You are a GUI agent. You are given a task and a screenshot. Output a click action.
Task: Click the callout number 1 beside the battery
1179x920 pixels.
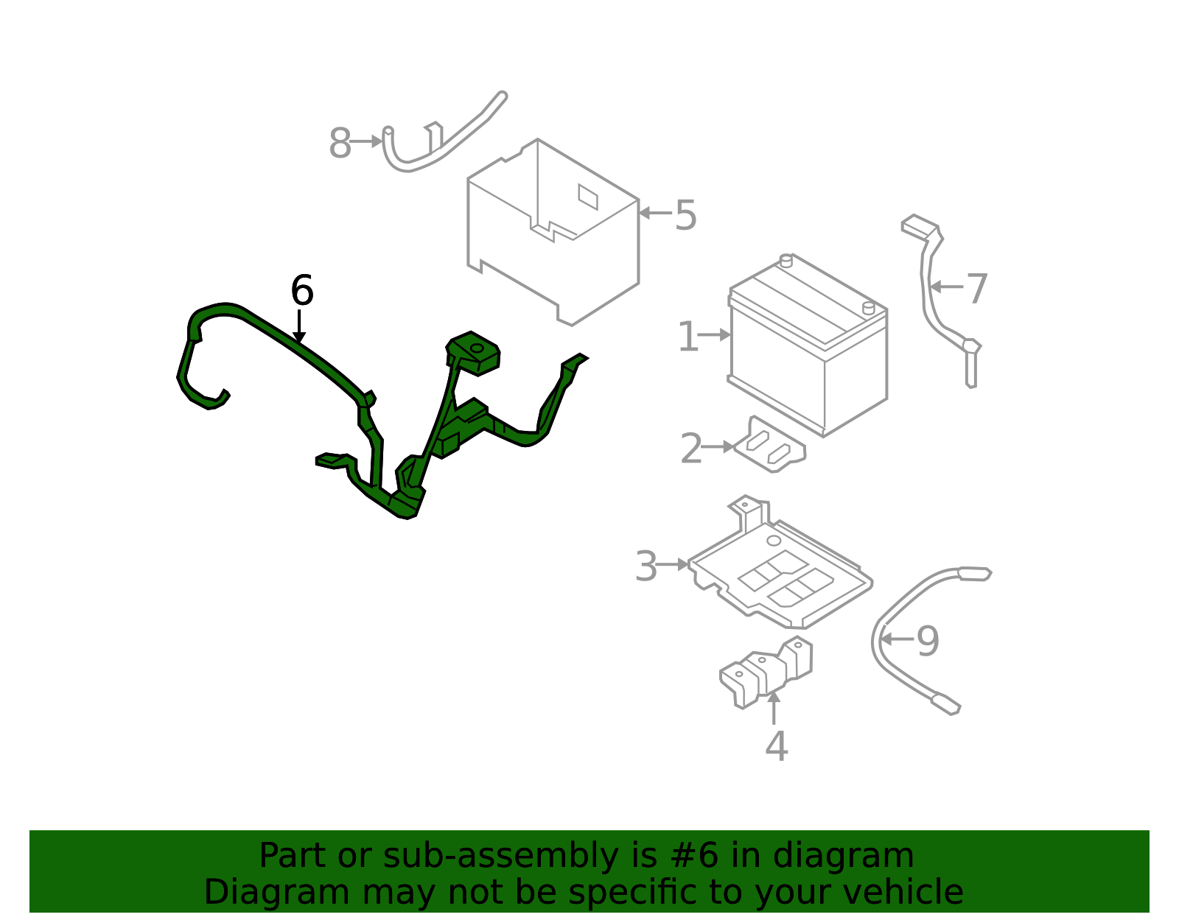tap(688, 336)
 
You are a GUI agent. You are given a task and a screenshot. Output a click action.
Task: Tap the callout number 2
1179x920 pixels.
tap(691, 449)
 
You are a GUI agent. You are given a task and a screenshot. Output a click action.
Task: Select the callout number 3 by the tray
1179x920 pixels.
tap(646, 566)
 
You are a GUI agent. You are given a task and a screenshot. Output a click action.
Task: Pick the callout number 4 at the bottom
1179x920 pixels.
tap(777, 746)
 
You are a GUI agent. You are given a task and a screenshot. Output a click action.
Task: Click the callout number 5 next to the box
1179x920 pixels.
tap(685, 215)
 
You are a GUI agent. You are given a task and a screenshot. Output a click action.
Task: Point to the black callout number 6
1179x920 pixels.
tap(302, 290)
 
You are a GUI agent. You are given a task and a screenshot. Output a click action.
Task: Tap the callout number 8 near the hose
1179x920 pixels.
tap(340, 143)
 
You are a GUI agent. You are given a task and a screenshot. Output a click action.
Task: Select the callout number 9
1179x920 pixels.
tap(928, 641)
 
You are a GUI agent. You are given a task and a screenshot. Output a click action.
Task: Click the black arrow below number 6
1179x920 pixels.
tap(299, 326)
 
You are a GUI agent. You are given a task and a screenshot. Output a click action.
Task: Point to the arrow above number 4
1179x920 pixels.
tap(774, 707)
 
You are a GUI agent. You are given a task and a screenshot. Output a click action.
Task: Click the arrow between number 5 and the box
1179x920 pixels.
tap(655, 213)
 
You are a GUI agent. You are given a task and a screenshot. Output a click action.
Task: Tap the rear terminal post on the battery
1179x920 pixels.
tap(786, 261)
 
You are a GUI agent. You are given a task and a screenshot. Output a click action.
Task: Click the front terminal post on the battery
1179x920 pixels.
tap(869, 308)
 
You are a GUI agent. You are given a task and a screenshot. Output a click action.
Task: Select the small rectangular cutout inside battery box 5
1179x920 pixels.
tap(588, 197)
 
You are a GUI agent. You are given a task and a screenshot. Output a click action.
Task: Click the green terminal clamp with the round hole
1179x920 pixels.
tap(472, 352)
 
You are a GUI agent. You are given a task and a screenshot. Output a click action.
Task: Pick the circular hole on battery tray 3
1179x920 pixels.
tap(774, 541)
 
